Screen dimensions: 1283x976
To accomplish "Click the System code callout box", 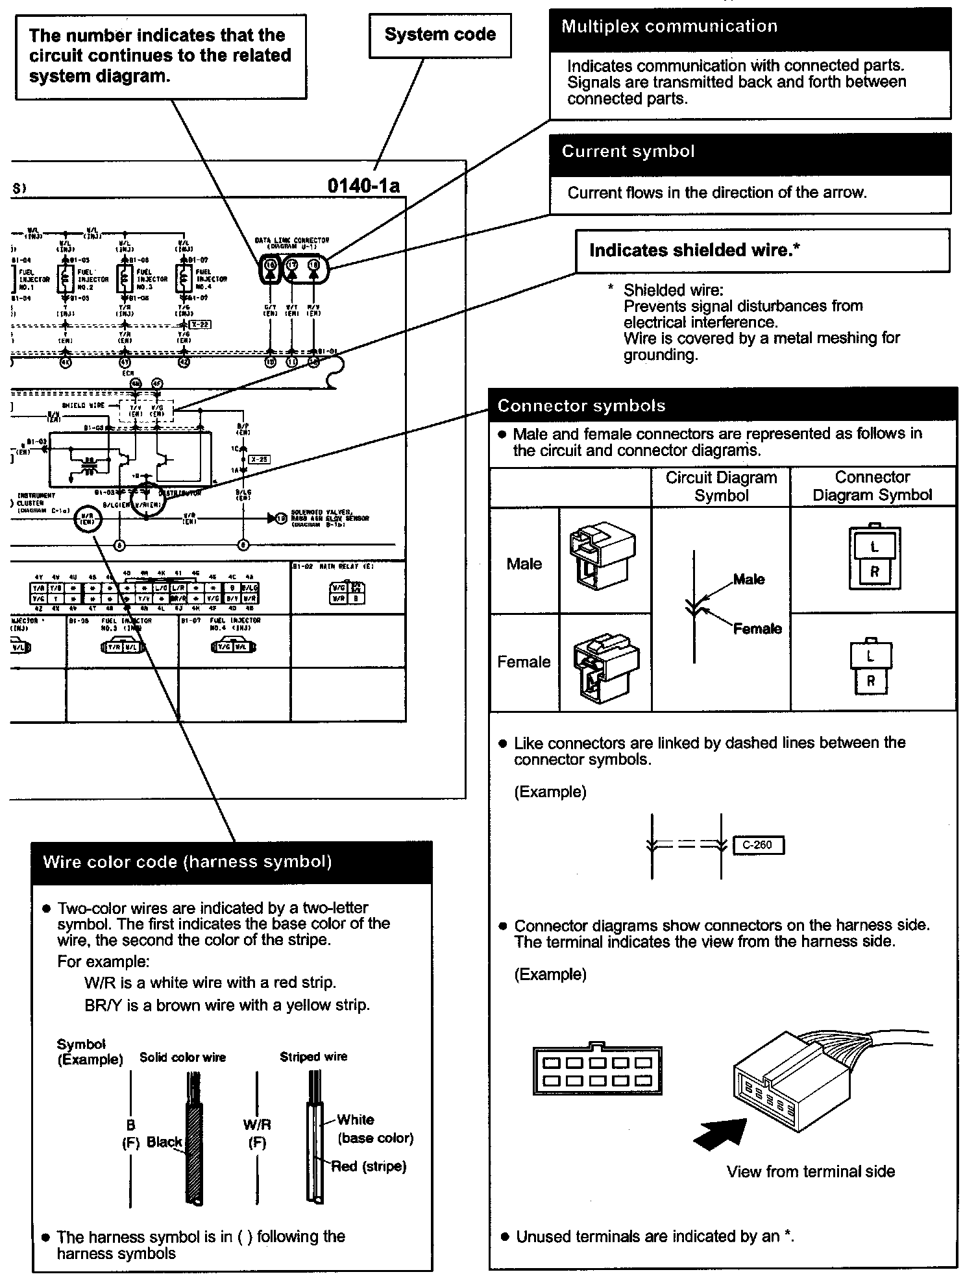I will coord(440,35).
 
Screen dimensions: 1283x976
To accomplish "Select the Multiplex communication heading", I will coord(669,27).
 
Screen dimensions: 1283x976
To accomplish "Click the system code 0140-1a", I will coord(363,186).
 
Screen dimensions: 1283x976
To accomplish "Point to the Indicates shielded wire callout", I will coord(694,250).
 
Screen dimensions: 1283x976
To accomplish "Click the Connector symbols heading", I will coord(581,406).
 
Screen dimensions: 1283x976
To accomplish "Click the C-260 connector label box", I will coord(757,845).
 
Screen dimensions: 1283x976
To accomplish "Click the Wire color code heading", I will coord(188,862).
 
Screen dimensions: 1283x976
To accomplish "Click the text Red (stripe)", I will coord(369,1166).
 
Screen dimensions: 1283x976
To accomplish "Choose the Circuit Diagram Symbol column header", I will coord(721,486).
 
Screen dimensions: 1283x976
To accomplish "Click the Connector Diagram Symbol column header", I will coord(872,486).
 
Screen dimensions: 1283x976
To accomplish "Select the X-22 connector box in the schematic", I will coord(201,324).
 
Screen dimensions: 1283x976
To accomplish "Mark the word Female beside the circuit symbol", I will coord(757,629).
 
